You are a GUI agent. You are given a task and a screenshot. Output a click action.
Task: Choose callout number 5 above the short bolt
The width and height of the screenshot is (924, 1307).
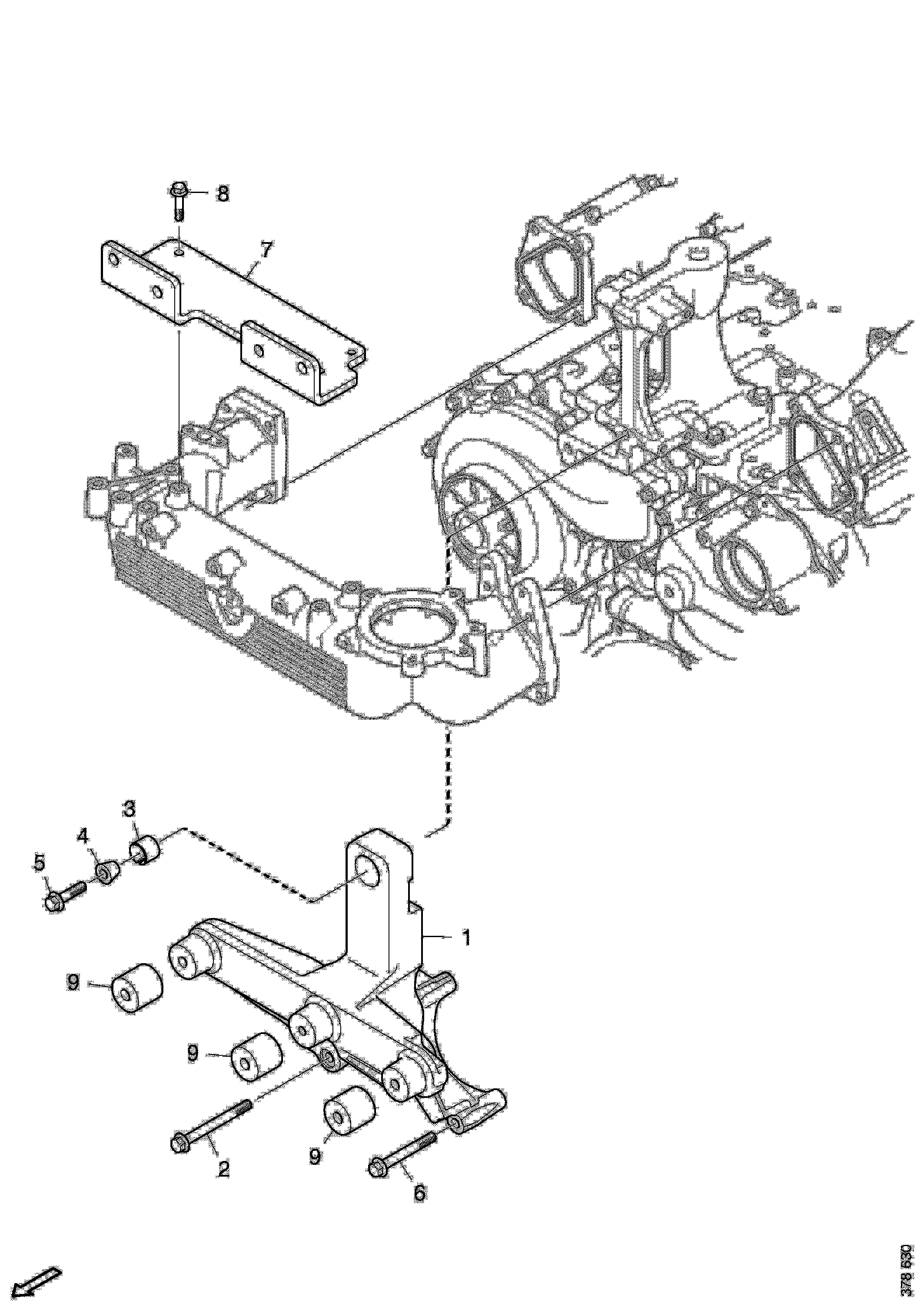39,864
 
